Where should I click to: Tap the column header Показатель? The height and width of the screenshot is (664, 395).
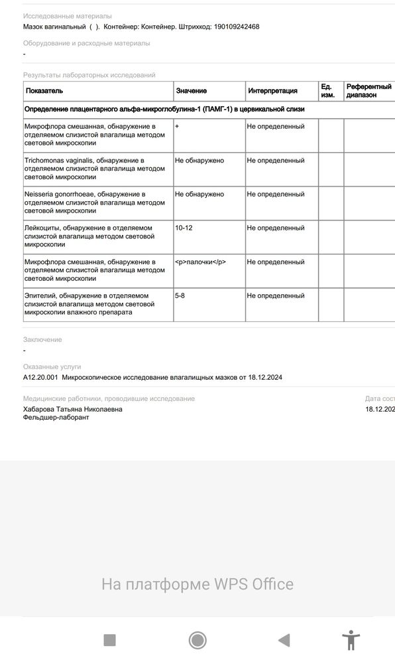pos(44,91)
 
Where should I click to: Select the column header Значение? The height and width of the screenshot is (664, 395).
pos(191,91)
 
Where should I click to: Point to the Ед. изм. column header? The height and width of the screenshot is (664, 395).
pos(328,91)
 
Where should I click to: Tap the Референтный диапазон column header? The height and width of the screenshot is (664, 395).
pos(368,91)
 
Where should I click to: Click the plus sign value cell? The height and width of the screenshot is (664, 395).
pos(177,126)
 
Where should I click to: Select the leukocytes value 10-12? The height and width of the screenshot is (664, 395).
pos(184,228)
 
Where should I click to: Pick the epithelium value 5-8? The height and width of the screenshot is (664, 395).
pos(180,295)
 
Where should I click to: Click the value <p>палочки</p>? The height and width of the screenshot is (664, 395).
pos(200,262)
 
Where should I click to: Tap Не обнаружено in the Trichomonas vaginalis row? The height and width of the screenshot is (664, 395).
pos(199,160)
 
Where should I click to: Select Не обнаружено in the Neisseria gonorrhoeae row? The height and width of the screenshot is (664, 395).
pos(199,194)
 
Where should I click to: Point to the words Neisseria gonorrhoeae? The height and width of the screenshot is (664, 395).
pos(58,194)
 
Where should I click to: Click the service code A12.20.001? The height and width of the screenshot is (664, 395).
pos(40,377)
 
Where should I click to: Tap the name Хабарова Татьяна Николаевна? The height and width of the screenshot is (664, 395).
pos(72,409)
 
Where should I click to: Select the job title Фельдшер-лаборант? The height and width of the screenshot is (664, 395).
pos(56,418)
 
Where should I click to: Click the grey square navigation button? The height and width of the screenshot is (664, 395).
pos(110,640)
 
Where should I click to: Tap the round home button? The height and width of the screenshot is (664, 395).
pos(197,640)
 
